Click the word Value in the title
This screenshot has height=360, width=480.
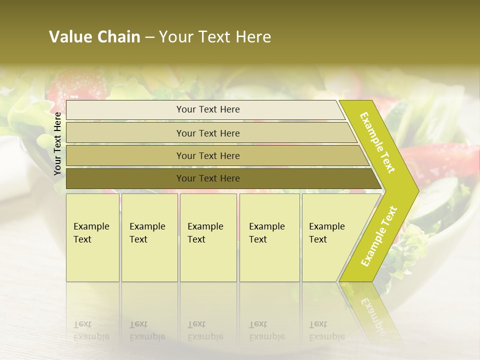click(70, 37)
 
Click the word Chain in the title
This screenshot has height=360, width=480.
click(118, 37)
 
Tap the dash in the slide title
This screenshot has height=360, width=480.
click(149, 37)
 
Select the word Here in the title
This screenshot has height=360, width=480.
click(253, 37)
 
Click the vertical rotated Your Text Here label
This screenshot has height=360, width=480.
click(57, 143)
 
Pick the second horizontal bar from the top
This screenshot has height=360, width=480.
click(208, 133)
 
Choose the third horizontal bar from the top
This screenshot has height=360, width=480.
click(208, 155)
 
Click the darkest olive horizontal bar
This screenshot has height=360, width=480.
click(208, 178)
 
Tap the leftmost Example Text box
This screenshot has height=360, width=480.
click(92, 237)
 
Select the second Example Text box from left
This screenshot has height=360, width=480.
click(149, 237)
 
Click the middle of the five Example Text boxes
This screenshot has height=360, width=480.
click(208, 237)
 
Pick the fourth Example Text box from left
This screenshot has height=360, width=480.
click(269, 237)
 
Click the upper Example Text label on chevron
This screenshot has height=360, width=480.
click(377, 142)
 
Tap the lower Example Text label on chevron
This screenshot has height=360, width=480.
click(379, 236)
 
